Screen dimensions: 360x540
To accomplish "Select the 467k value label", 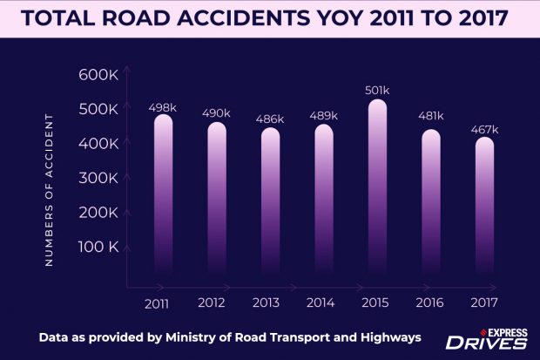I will (484, 130).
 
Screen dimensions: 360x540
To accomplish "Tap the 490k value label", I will (216, 113).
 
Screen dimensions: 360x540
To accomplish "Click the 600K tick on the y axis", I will (98, 75).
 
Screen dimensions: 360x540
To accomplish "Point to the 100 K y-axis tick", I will (98, 248).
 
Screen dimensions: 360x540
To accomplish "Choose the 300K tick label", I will (98, 179).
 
